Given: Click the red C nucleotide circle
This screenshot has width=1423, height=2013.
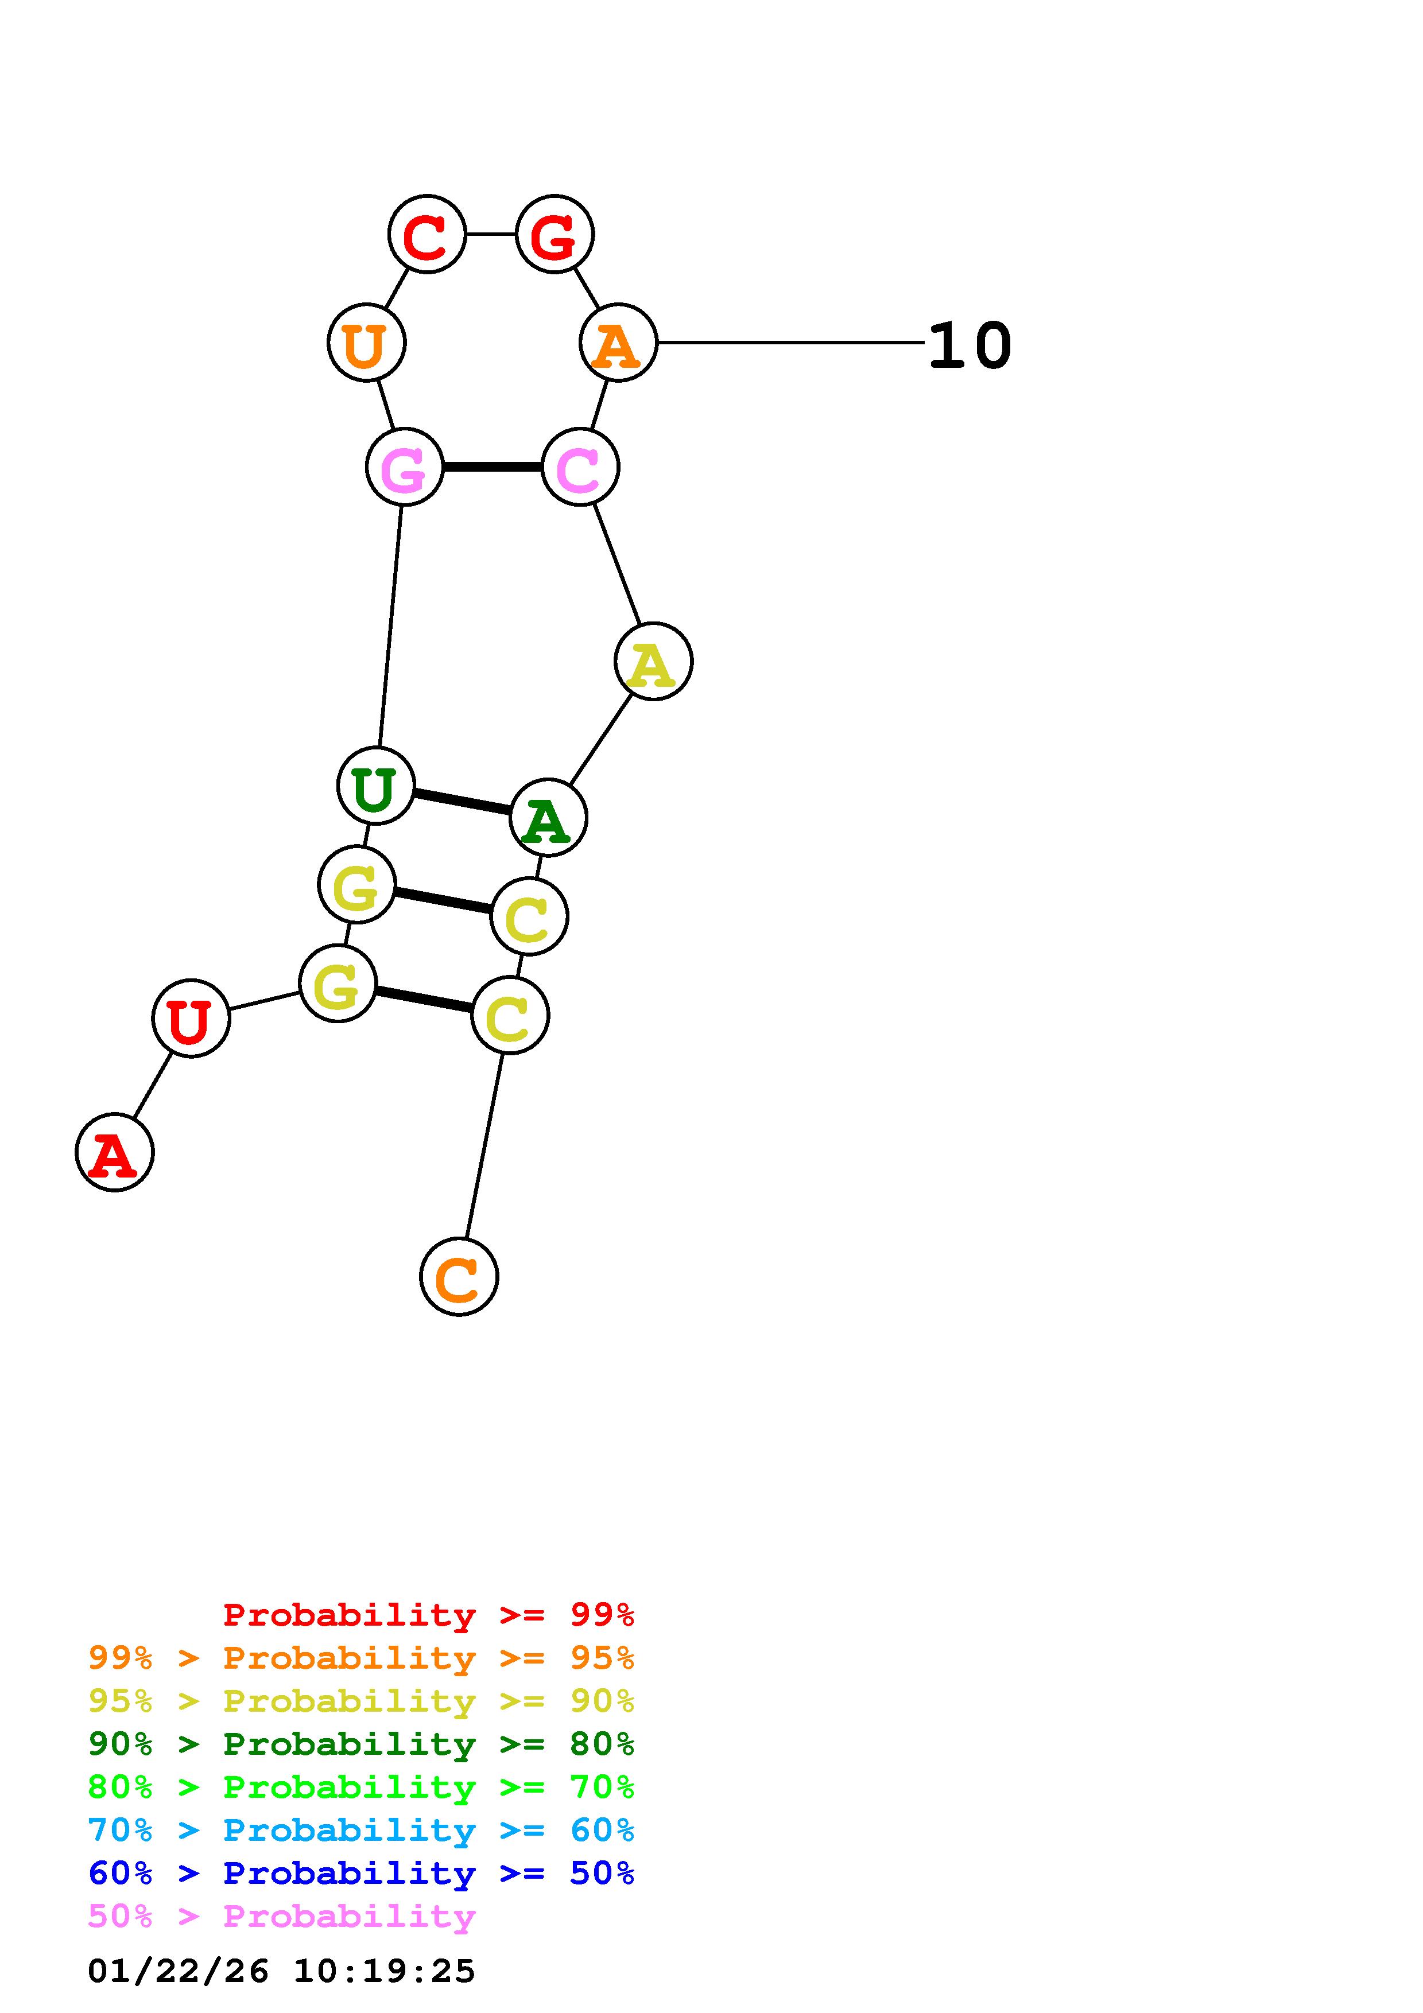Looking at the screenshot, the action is click(x=427, y=234).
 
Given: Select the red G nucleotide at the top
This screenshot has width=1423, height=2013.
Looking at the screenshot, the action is click(x=555, y=234).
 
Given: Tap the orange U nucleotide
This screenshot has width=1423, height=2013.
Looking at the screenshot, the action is click(x=366, y=343).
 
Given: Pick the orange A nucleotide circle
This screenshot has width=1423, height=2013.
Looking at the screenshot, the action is click(x=618, y=343).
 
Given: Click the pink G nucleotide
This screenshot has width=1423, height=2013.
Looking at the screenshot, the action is click(x=404, y=467).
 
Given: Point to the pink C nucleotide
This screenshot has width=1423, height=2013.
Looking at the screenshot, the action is click(x=580, y=467).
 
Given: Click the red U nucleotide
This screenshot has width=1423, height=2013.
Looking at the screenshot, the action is click(x=191, y=1018).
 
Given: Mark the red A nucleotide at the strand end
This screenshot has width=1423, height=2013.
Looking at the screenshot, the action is click(x=115, y=1152).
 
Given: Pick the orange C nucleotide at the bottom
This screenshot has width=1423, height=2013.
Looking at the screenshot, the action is click(x=459, y=1277).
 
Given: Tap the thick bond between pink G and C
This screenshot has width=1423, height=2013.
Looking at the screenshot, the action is click(x=492, y=467).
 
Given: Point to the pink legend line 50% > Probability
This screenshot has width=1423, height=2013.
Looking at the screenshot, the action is click(x=281, y=1917).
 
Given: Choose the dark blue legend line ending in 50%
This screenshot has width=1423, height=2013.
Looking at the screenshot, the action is click(x=360, y=1874).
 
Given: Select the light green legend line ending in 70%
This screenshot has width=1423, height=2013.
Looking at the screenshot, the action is click(x=360, y=1787).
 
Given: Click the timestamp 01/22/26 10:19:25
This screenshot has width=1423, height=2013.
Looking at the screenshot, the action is click(x=281, y=1972).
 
